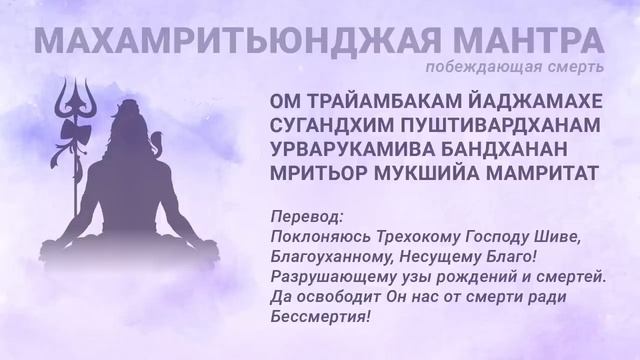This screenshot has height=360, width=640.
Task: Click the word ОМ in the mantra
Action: (x=283, y=103)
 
